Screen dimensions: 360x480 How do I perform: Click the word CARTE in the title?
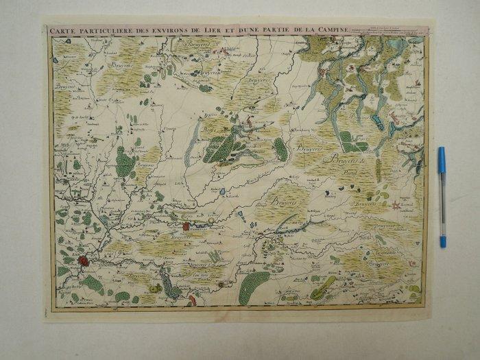[63, 30]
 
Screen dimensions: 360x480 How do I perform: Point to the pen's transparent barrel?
[442, 206]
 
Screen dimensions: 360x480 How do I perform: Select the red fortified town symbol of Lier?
[84, 261]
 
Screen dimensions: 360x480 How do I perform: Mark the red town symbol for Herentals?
[186, 226]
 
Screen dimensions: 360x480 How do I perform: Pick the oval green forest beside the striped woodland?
[280, 149]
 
